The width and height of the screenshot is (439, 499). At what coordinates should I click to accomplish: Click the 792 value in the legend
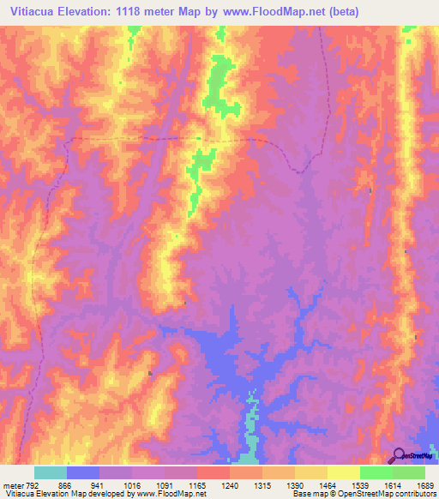pyautogui.click(x=33, y=484)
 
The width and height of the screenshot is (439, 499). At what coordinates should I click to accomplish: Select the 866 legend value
pyautogui.click(x=83, y=484)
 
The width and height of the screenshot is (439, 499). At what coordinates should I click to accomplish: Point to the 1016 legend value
pyautogui.click(x=147, y=484)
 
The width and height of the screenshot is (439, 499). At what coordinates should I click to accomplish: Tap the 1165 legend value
pyautogui.click(x=213, y=484)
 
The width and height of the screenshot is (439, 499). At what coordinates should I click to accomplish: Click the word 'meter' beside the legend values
pyautogui.click(x=13, y=484)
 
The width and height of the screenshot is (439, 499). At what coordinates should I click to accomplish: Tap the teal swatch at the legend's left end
pyautogui.click(x=51, y=472)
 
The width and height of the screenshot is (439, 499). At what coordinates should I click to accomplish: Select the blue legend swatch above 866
pyautogui.click(x=83, y=472)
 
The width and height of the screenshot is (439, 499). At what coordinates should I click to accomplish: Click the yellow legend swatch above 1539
pyautogui.click(x=343, y=472)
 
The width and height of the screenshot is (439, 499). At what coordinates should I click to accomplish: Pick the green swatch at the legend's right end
pyautogui.click(x=409, y=472)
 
